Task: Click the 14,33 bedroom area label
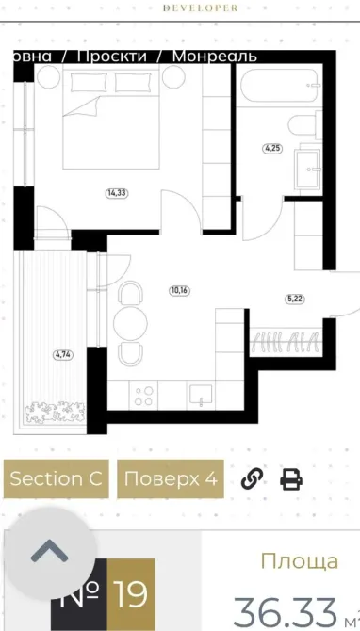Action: point(117,193)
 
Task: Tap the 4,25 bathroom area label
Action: point(272,148)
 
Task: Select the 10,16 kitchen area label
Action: point(179,290)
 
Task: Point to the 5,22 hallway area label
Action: point(296,299)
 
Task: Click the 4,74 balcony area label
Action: point(63,354)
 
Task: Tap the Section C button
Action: point(56,478)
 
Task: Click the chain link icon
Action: point(251,478)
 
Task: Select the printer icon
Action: point(291,478)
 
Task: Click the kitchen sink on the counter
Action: point(200,393)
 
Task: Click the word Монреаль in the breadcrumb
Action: point(214,57)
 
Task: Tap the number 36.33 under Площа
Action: point(284,612)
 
